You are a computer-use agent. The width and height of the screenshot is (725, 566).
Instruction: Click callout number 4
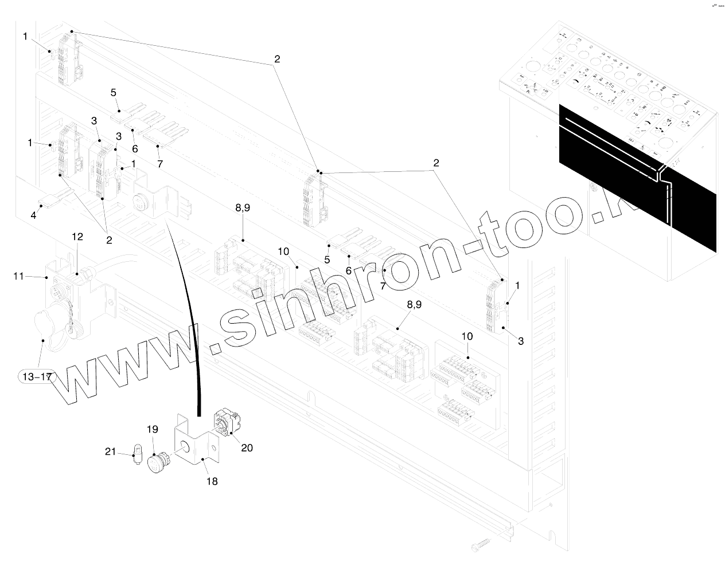point(33,215)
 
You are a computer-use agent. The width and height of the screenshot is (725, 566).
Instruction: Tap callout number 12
point(77,237)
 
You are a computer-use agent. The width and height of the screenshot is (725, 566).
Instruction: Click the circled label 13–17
point(36,376)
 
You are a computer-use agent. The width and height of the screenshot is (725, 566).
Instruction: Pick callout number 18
point(212,481)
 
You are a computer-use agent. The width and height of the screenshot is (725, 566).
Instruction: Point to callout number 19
point(152,429)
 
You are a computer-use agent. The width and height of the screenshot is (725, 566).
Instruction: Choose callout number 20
point(247,447)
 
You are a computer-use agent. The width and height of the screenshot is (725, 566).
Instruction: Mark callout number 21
point(110,453)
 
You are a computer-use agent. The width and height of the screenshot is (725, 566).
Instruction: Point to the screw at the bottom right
point(481,539)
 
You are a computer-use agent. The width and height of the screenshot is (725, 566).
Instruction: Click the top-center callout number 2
point(277,59)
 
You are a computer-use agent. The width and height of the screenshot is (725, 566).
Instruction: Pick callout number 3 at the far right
point(520,341)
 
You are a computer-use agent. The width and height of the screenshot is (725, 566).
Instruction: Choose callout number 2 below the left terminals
point(109,239)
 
